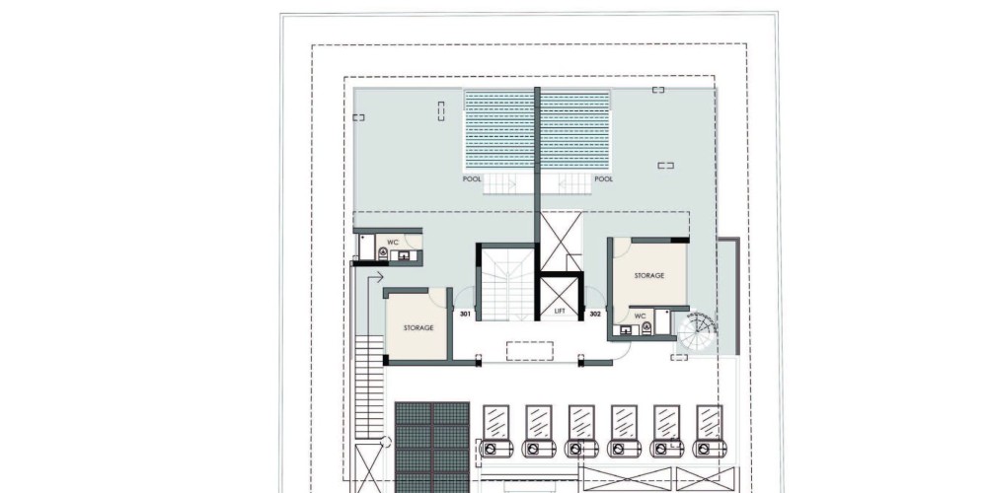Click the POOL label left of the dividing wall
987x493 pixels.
[472, 179]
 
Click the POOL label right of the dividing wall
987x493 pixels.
[604, 179]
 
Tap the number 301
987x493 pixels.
[465, 314]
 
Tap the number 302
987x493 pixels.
[595, 314]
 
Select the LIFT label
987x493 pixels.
[560, 312]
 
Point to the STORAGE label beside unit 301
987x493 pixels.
[418, 327]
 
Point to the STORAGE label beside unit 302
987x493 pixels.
[649, 275]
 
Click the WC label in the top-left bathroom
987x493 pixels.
[393, 243]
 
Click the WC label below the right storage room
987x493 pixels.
[641, 316]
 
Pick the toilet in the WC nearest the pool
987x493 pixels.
[383, 252]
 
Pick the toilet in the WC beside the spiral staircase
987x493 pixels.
[645, 327]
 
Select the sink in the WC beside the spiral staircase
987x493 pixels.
[626, 329]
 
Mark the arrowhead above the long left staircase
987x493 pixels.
[380, 277]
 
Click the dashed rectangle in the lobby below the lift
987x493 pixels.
[530, 351]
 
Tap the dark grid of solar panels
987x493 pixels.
[432, 448]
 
